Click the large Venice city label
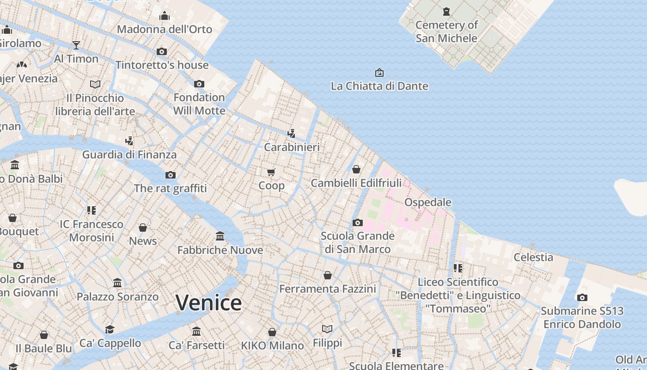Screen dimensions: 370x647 click(208, 303)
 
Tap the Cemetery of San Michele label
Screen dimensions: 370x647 click(446, 31)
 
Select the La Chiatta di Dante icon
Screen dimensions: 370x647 click(379, 73)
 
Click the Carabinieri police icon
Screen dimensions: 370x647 click(291, 134)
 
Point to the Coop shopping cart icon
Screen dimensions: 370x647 click(271, 173)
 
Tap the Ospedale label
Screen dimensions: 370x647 click(427, 202)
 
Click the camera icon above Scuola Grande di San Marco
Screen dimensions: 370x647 click(357, 223)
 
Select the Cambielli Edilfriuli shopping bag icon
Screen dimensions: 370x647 click(356, 170)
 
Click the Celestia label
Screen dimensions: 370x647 click(533, 257)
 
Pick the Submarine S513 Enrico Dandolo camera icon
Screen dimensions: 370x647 click(582, 298)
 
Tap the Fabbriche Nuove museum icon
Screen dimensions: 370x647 click(220, 236)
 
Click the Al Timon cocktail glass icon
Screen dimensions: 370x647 click(76, 45)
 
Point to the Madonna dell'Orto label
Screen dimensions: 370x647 click(164, 29)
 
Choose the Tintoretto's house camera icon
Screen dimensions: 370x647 click(161, 52)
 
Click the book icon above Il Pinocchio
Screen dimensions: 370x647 click(95, 85)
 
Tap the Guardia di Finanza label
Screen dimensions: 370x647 click(129, 154)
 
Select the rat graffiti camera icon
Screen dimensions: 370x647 click(171, 175)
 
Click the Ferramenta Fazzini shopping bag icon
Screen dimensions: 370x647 click(327, 276)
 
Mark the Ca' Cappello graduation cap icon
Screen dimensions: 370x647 click(110, 329)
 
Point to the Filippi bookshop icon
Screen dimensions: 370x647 click(327, 329)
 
